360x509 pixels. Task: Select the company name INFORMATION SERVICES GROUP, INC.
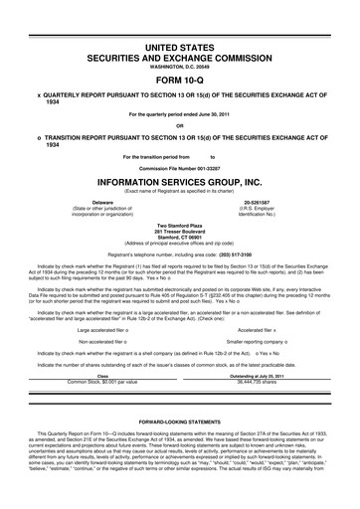tap(180, 183)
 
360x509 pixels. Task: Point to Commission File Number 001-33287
tap(180, 168)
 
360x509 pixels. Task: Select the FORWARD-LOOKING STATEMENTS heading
tap(180, 421)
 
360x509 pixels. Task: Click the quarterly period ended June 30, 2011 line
tap(180, 115)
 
